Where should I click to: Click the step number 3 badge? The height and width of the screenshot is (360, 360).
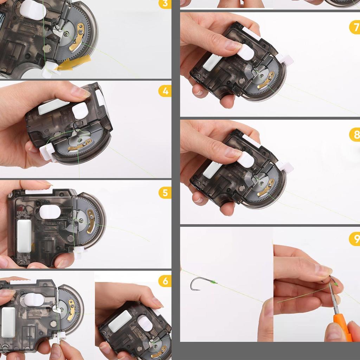point(165,4)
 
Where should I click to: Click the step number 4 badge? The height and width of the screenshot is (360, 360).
point(165,91)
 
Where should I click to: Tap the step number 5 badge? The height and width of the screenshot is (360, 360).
point(165,193)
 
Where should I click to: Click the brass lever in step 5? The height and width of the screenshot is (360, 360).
point(91,221)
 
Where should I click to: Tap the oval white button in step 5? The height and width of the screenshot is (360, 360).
point(50,212)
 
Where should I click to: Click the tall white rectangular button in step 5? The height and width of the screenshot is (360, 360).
point(24,236)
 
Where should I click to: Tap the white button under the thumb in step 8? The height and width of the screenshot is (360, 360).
point(245,160)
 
